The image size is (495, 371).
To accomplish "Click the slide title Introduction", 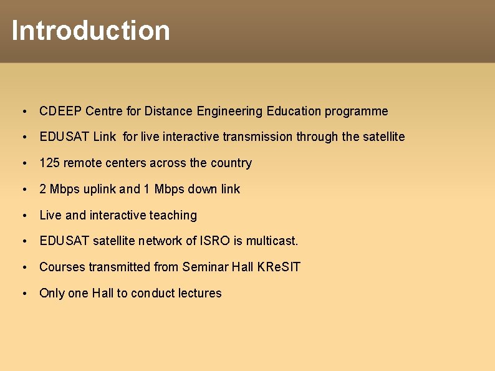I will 90,31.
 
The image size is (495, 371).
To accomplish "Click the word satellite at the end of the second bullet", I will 383,137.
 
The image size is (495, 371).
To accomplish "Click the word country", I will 231,163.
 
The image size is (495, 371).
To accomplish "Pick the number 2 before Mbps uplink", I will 43,190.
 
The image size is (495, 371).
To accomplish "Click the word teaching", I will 173,216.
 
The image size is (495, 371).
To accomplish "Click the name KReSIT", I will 279,267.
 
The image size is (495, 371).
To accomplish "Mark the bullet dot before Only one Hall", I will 23,294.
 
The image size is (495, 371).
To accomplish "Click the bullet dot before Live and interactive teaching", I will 23,216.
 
